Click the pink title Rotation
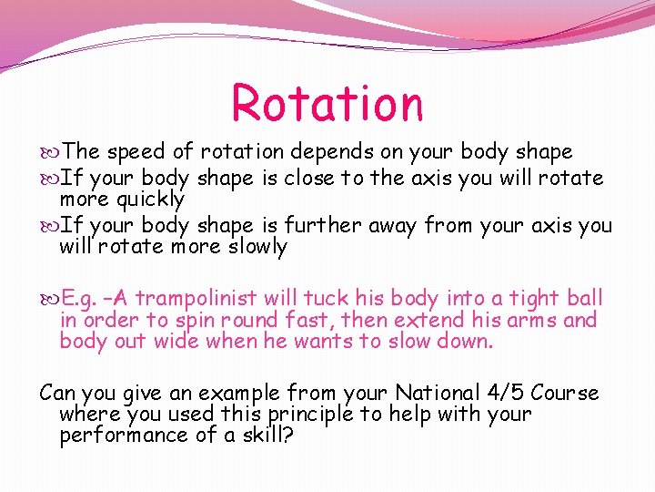click(x=327, y=103)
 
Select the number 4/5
click(x=502, y=394)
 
